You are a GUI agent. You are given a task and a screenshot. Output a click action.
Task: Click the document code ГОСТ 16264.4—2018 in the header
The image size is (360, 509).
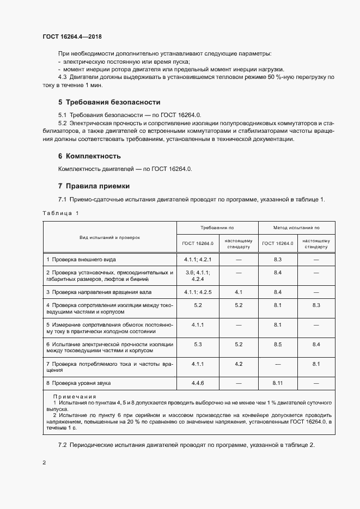coord(72,37)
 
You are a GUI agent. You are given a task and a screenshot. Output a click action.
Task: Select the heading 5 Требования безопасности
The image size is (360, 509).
coord(109,102)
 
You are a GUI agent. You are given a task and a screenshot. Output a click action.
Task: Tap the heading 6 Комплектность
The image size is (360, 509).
coord(89,156)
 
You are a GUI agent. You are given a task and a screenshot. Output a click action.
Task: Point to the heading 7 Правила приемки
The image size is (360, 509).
coord(94,186)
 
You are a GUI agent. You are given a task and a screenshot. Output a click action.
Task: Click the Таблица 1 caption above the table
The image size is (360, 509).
coord(60,213)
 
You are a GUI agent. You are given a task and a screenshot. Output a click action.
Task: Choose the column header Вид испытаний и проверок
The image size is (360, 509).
coord(109,237)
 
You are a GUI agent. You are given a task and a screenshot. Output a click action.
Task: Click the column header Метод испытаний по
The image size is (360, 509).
coord(296,228)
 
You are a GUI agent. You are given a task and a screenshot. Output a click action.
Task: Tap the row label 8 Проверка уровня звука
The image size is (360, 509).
coord(79,383)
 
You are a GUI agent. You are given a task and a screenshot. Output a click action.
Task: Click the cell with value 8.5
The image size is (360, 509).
coord(278,344)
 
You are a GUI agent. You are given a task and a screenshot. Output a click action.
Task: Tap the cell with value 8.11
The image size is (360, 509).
coord(278,383)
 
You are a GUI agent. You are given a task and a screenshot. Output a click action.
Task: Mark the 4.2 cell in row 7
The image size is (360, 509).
coord(238,363)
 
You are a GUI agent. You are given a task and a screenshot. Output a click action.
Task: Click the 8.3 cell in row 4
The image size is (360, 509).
coord(316,305)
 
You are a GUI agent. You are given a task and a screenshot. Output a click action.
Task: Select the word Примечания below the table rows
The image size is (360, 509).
coord(75,396)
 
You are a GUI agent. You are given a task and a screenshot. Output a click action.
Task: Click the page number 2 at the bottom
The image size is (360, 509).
coord(44,462)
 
